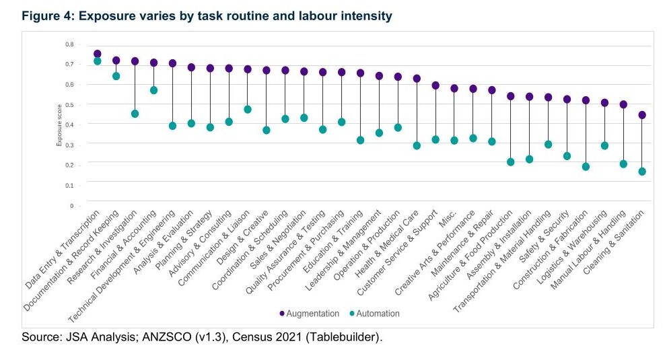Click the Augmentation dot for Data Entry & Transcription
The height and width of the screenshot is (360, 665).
coord(98,54)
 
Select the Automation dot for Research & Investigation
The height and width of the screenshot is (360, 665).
coord(135,114)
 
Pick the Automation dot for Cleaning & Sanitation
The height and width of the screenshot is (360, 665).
coord(641,172)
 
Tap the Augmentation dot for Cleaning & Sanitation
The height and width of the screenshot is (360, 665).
coord(641,115)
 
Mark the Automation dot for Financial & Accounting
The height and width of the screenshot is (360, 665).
coord(153,90)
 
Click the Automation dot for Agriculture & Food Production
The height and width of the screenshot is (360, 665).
coord(510,162)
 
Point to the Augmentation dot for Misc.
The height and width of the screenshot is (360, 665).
coord(454,88)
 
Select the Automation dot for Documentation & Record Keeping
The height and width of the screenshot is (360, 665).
coord(116,76)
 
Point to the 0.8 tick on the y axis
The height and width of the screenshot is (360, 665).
coord(69,44)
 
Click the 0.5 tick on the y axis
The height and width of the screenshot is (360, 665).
coord(69,104)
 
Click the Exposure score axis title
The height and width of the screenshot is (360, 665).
coord(59,124)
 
